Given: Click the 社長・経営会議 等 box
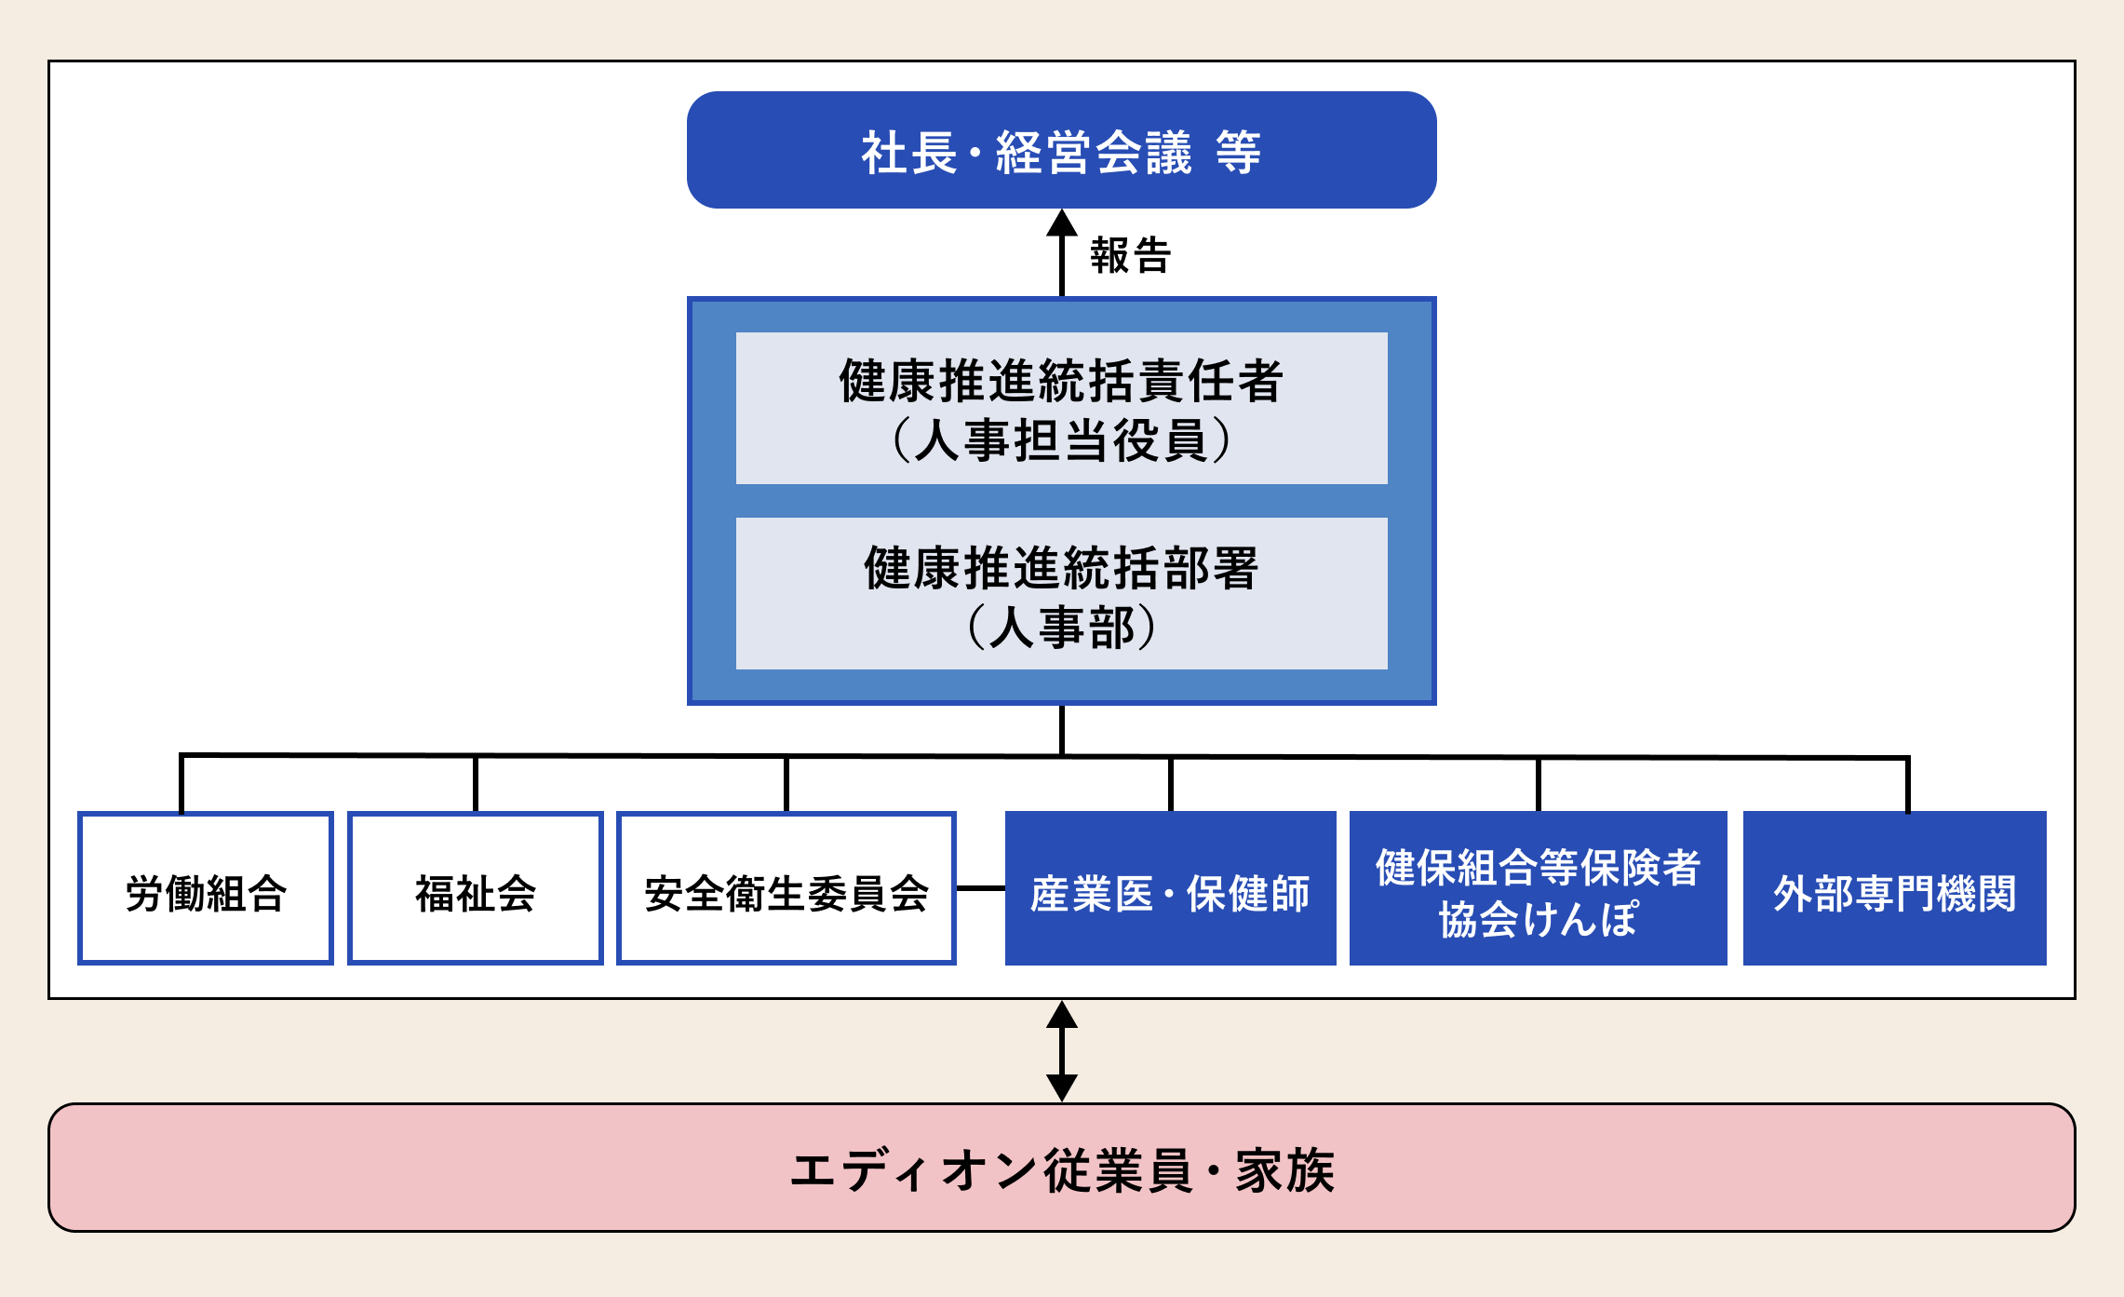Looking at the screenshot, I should click(x=1061, y=150).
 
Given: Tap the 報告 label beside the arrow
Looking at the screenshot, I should click(x=1130, y=255).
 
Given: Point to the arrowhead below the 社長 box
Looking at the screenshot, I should click(x=1062, y=223).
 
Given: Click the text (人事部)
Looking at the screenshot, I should click(x=1061, y=628).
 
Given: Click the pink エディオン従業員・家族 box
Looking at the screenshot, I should click(x=1061, y=1168).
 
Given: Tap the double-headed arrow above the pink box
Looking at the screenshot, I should click(x=1062, y=1051).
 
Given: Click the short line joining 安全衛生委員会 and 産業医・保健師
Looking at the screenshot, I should click(x=980, y=888).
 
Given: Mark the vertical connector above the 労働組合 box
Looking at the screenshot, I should click(x=181, y=784).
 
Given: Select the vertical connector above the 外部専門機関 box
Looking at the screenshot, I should click(x=1907, y=785).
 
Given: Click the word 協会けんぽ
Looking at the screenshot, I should click(x=1538, y=920).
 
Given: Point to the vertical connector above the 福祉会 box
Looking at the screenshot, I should click(x=476, y=784).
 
